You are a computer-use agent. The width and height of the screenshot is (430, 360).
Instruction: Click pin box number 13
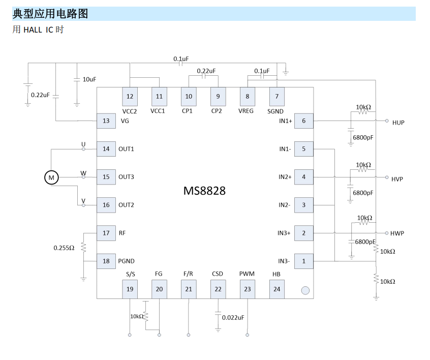pyautogui.click(x=106, y=121)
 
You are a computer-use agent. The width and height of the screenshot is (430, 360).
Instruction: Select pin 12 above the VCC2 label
pyautogui.click(x=130, y=97)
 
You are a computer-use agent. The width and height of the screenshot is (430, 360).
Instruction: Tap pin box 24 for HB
pyautogui.click(x=277, y=289)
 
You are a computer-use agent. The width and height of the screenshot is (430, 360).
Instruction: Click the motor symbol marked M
pyautogui.click(x=51, y=177)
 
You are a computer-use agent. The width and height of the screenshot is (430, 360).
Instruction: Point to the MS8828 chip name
pyautogui.click(x=204, y=191)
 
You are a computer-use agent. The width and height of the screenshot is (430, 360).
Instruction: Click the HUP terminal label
pyautogui.click(x=398, y=123)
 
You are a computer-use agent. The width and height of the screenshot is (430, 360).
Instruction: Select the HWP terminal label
pyautogui.click(x=397, y=233)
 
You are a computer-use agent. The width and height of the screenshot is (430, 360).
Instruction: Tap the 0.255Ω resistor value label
pyautogui.click(x=64, y=248)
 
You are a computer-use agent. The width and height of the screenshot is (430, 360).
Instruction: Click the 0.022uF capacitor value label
pyautogui.click(x=233, y=317)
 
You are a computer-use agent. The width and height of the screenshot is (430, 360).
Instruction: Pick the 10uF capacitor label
pyautogui.click(x=89, y=79)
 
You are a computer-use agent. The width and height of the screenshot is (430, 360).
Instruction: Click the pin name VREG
pyautogui.click(x=246, y=111)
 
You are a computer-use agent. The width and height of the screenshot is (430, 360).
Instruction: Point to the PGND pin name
pyautogui.click(x=126, y=261)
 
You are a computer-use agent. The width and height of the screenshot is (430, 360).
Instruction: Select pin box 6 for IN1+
pyautogui.click(x=304, y=121)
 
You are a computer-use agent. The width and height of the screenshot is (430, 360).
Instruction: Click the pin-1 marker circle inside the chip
pyautogui.click(x=305, y=290)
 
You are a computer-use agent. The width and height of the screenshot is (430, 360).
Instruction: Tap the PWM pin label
pyautogui.click(x=247, y=274)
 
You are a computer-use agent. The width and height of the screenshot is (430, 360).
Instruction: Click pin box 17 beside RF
pyautogui.click(x=106, y=233)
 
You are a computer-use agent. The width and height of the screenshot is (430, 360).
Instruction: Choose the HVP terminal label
pyautogui.click(x=397, y=179)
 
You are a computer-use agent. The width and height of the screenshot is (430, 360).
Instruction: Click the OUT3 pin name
pyautogui.click(x=126, y=177)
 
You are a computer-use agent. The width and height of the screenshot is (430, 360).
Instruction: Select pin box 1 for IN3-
pyautogui.click(x=304, y=261)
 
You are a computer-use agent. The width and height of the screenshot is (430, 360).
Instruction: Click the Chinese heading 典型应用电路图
pyautogui.click(x=50, y=14)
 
